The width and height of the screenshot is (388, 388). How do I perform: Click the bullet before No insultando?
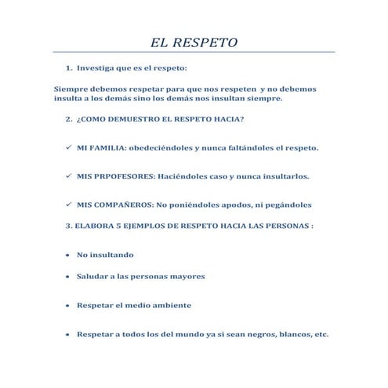[x=66, y=255]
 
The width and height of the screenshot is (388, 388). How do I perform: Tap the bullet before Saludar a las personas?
[x=66, y=277]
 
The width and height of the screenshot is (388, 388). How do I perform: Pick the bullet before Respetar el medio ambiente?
[x=66, y=305]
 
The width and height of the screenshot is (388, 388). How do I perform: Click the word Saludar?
[x=93, y=277]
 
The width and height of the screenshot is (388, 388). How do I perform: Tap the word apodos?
[x=227, y=205]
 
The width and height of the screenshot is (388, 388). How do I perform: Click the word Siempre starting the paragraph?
[x=71, y=89]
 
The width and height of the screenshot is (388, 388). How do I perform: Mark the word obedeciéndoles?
[x=165, y=147]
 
